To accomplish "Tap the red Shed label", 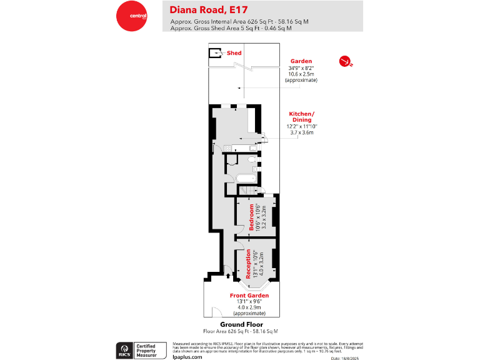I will point(234,53).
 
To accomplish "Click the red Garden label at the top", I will point(301,61).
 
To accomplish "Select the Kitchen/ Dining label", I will point(301,116).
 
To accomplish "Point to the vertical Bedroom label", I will point(252,217).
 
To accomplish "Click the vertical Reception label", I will point(249,264).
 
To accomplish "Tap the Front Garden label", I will point(249,296).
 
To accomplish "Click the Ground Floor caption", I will point(240,324).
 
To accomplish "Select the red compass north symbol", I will point(344,61).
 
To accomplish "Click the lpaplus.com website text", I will point(187,356).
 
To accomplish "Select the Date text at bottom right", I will point(344,357).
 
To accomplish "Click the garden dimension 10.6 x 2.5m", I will point(301,74).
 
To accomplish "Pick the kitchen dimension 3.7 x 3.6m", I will point(301,132).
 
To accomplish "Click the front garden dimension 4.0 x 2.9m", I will point(249,308).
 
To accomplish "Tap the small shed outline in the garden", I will point(215,54).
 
